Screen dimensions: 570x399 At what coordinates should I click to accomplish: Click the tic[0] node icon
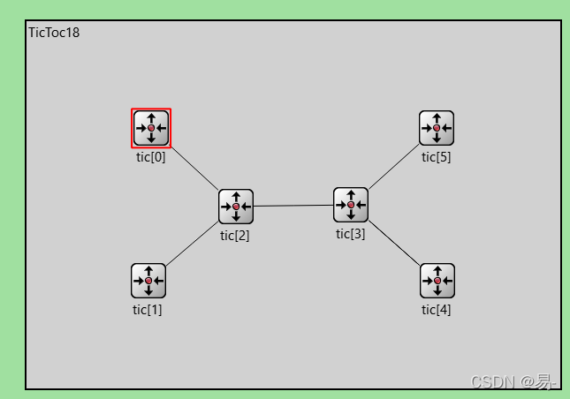(151, 128)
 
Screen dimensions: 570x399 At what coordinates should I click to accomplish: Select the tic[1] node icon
(148, 281)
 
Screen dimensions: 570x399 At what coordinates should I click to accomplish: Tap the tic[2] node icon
(236, 207)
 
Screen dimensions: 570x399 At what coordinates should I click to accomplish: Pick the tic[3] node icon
(351, 205)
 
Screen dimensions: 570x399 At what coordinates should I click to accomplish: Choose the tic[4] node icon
(437, 281)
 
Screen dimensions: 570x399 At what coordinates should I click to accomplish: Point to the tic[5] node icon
(437, 128)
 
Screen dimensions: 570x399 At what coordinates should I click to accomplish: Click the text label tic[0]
(151, 157)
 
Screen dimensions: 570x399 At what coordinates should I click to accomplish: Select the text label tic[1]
(148, 309)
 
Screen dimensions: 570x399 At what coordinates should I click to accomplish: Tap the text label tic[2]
(235, 235)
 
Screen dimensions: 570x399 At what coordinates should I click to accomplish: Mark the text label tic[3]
(350, 233)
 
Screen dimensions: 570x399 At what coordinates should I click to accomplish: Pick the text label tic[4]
(437, 309)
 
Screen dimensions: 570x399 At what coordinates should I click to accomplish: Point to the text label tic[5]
(437, 157)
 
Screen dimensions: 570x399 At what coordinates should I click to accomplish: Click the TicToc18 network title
(54, 33)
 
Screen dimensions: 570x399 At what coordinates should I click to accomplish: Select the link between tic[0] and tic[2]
(194, 168)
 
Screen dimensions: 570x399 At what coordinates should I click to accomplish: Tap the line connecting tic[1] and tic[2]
(193, 244)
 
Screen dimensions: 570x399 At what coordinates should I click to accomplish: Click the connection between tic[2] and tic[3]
(293, 206)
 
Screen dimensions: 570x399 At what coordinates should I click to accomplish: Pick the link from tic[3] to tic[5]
(393, 167)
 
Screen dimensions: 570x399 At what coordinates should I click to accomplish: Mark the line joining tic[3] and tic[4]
(394, 243)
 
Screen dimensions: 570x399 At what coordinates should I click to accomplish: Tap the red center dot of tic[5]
(437, 128)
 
